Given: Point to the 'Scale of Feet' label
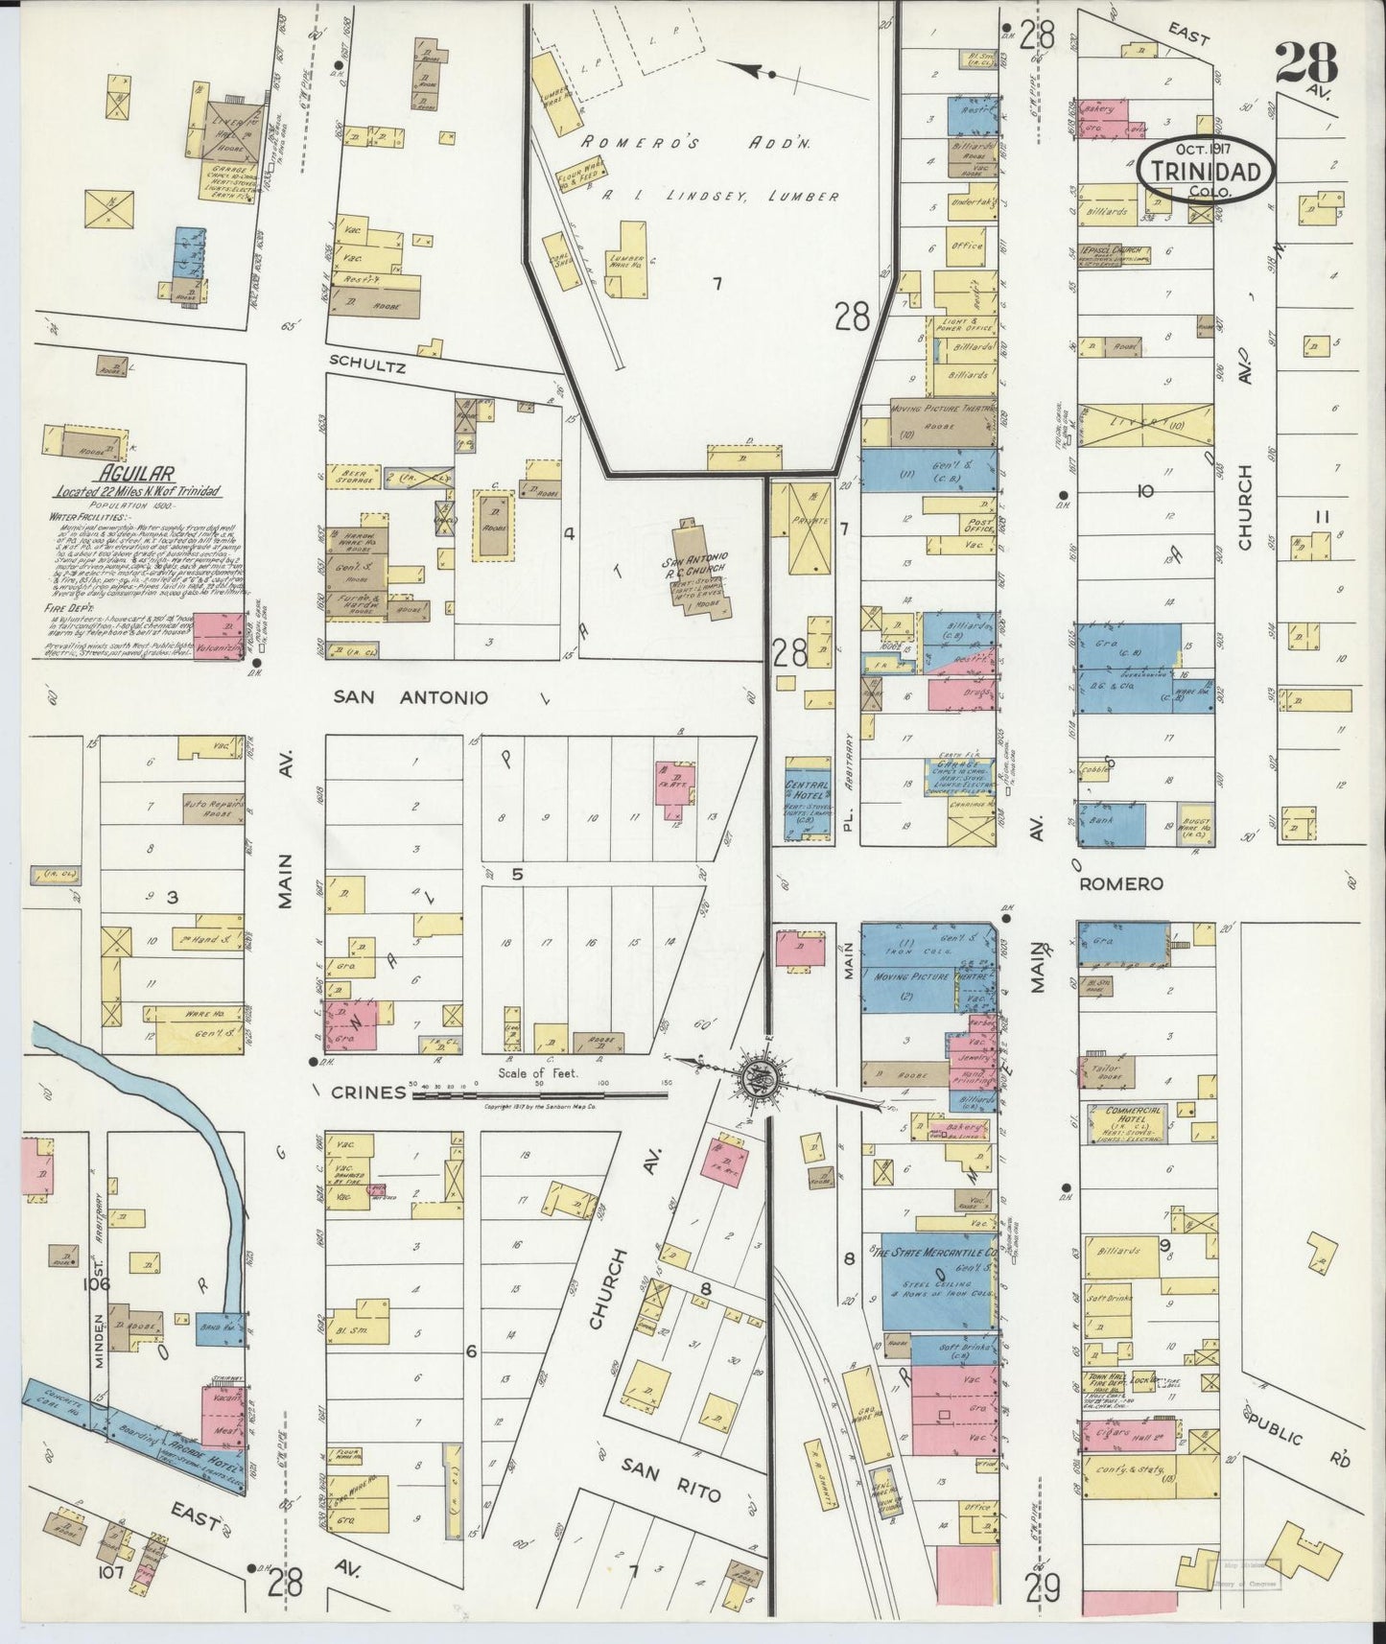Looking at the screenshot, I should tap(537, 1073).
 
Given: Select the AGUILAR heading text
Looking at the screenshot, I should tap(134, 474).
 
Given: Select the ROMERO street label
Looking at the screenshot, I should tap(1121, 883).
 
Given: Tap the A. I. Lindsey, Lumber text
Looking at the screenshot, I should tap(710, 197).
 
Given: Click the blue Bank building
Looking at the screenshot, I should tap(1111, 824).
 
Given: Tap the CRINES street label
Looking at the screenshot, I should tap(368, 1092).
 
